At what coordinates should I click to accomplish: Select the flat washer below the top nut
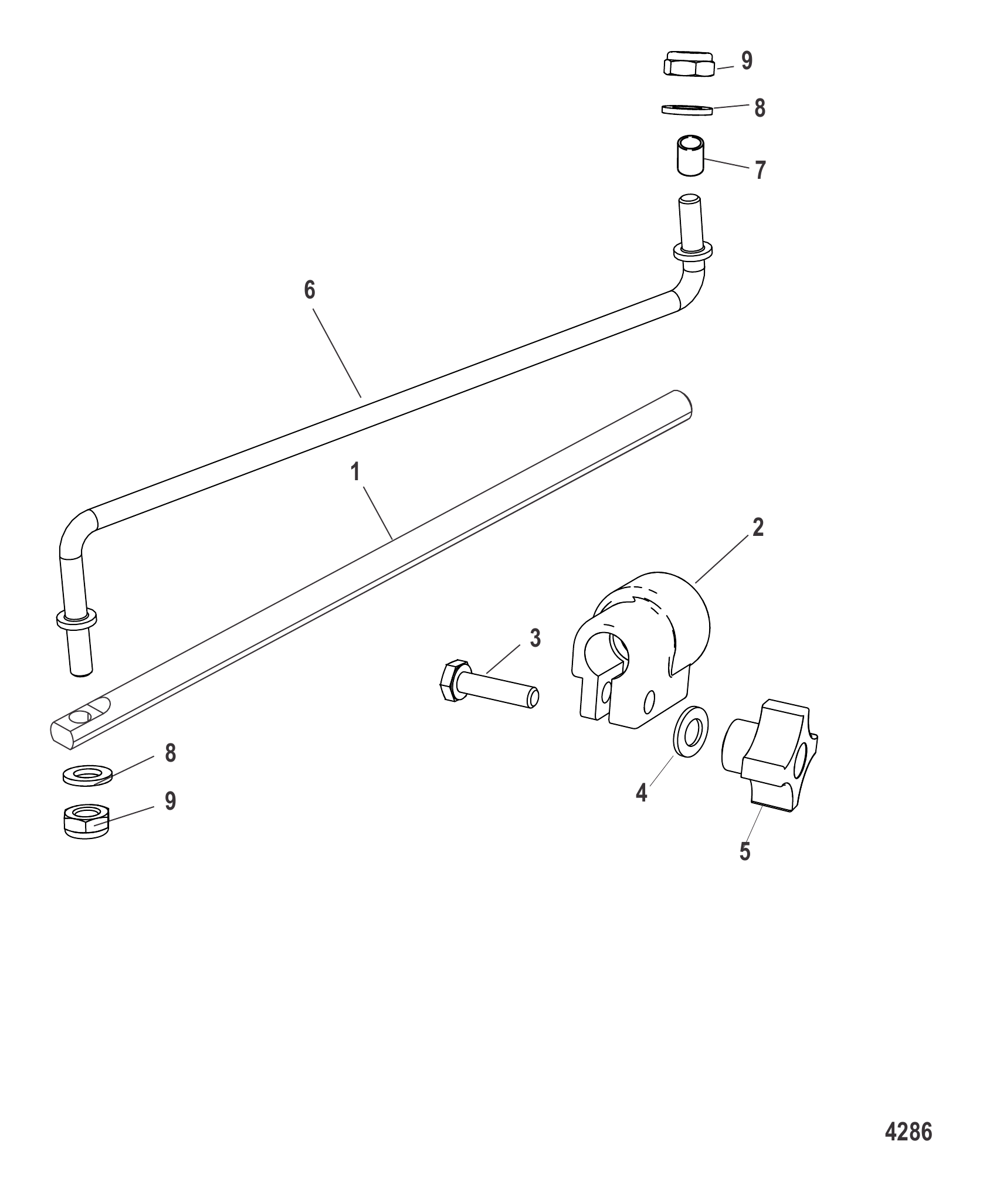tap(687, 110)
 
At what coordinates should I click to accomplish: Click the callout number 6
tap(310, 290)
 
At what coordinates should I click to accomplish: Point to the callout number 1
tap(355, 472)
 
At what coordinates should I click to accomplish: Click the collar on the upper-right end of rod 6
tap(693, 251)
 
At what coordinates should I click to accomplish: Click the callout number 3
tap(535, 638)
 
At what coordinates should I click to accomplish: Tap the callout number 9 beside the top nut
tap(747, 61)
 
